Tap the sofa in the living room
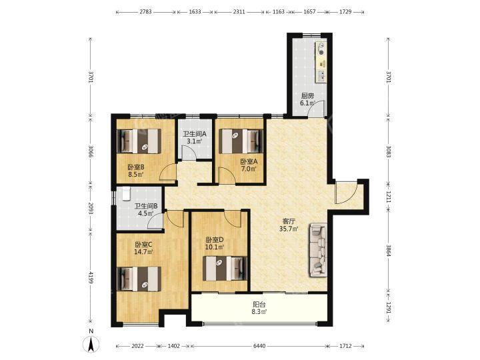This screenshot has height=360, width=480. (319, 250)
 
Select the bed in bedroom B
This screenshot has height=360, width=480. (139, 141)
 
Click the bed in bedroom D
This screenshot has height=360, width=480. (225, 269)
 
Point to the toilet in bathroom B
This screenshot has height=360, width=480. (127, 194)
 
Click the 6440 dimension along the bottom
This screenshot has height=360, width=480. (259, 346)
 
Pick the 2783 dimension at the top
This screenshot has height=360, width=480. (145, 12)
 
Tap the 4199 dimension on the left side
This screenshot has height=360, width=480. (91, 277)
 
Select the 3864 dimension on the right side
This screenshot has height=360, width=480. (389, 251)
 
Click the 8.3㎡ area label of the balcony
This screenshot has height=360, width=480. (259, 312)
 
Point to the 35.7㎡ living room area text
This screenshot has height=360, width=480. (289, 229)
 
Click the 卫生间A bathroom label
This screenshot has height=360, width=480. (195, 134)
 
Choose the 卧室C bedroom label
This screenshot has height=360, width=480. (143, 245)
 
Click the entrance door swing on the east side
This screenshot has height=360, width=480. (347, 193)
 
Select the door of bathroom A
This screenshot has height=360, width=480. (188, 152)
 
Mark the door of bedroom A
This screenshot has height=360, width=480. (226, 176)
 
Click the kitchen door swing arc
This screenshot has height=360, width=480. (316, 108)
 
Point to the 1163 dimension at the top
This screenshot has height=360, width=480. (278, 12)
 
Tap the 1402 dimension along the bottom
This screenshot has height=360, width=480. (174, 346)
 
